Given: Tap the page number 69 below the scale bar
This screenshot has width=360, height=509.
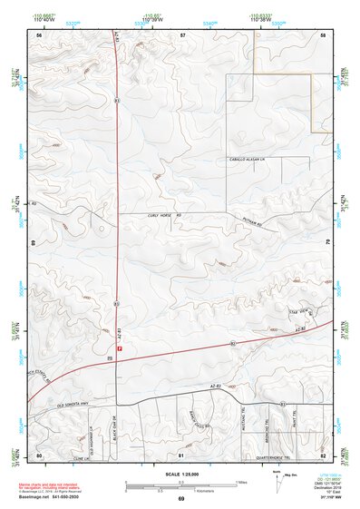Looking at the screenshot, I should pos(181,500).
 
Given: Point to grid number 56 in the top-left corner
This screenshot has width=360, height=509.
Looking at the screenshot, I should pos(39,34).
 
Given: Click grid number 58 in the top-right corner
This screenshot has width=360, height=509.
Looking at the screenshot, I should pos(323,34).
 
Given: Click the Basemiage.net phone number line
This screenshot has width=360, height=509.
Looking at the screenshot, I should pos(50,499).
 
